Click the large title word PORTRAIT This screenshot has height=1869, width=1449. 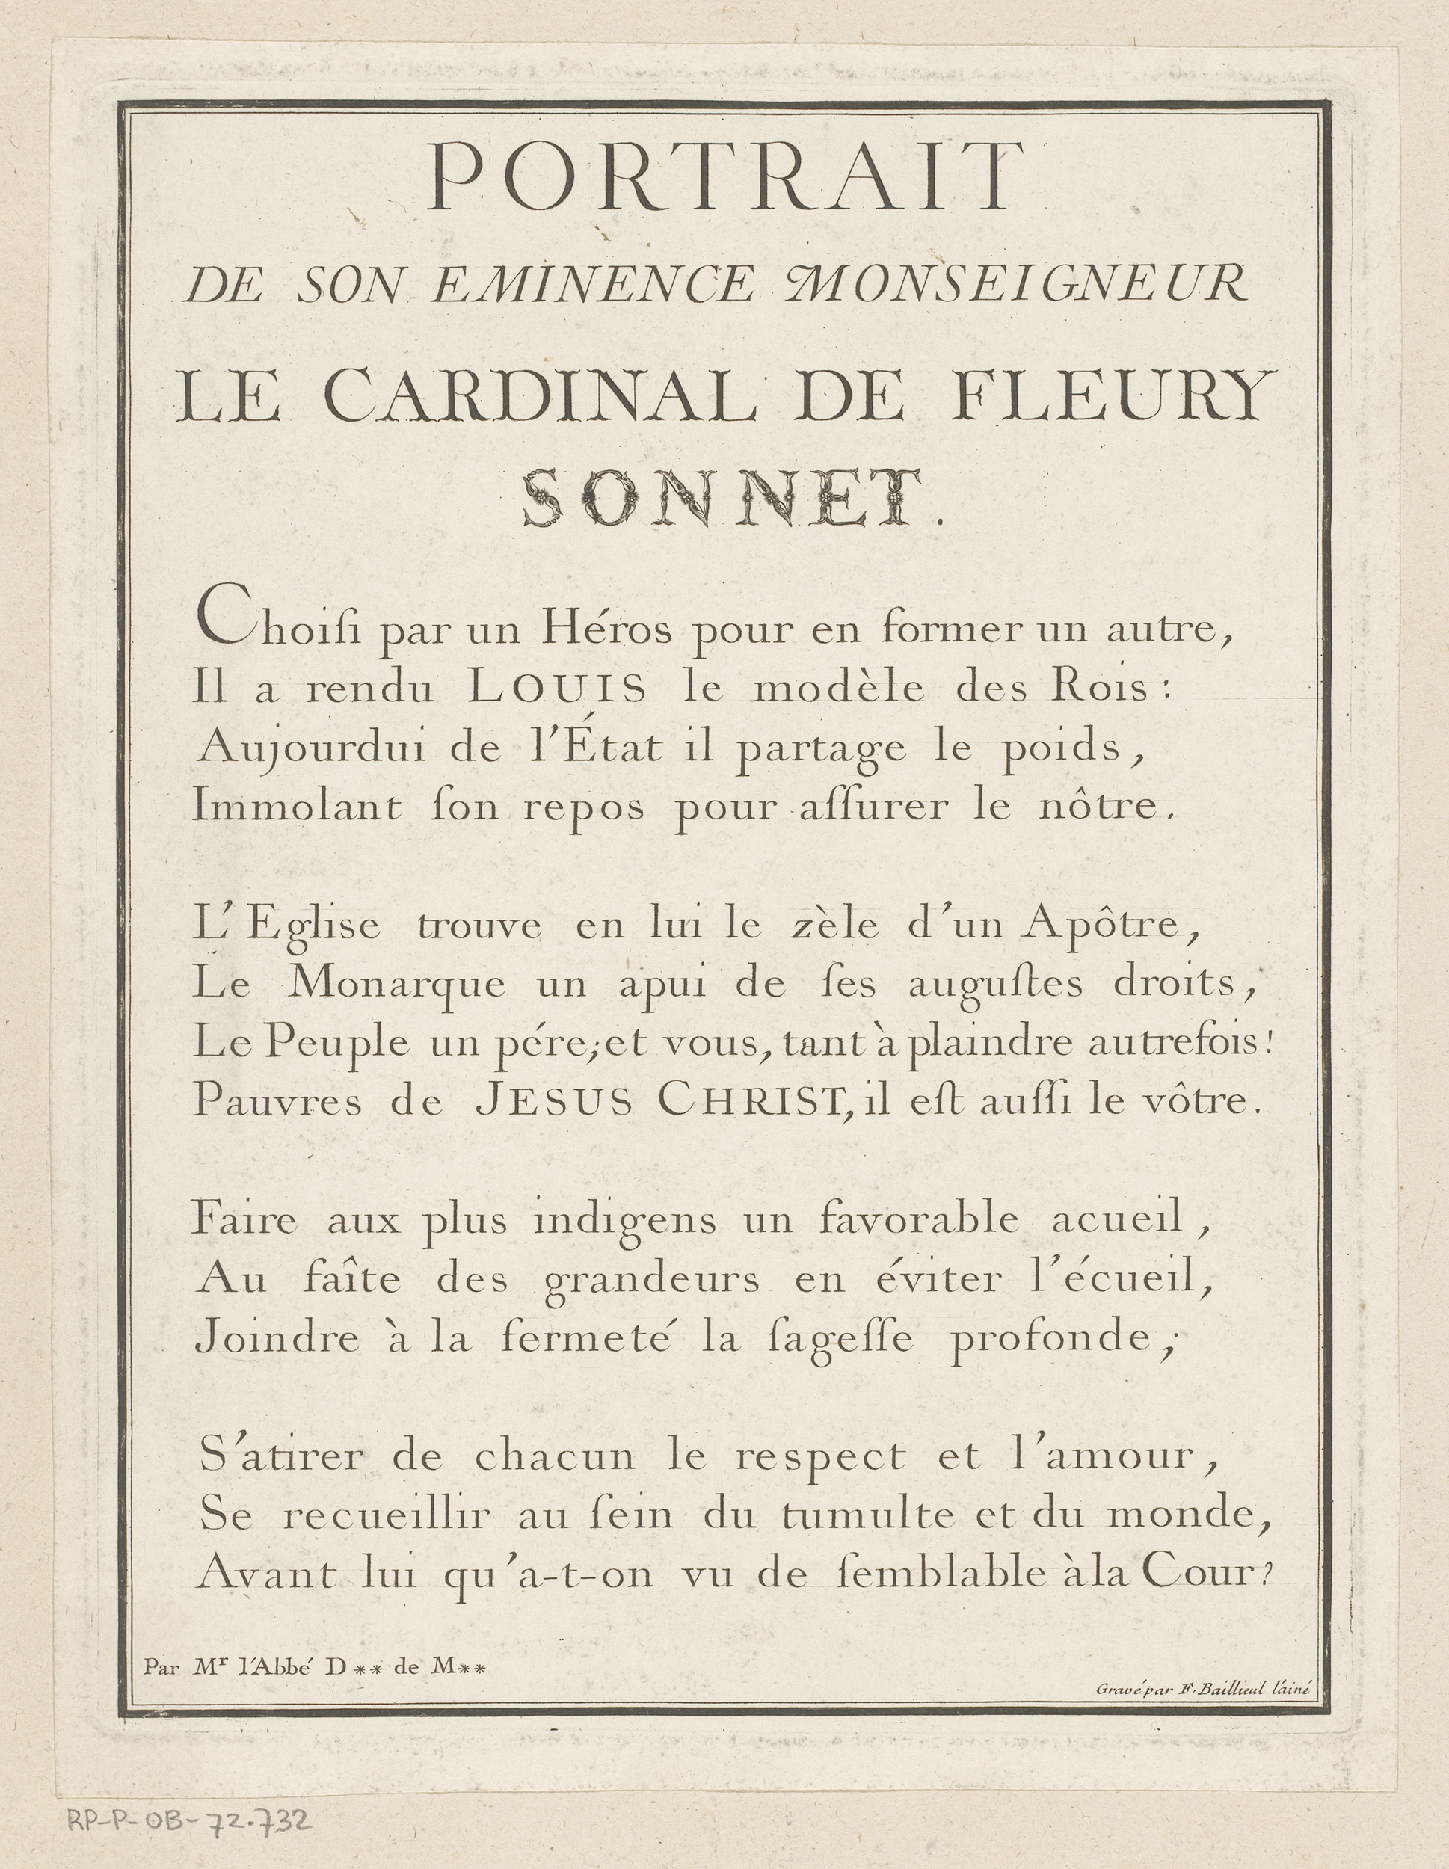tap(724, 177)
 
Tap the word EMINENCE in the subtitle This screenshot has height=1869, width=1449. tap(593, 286)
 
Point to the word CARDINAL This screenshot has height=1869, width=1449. tap(539, 397)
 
